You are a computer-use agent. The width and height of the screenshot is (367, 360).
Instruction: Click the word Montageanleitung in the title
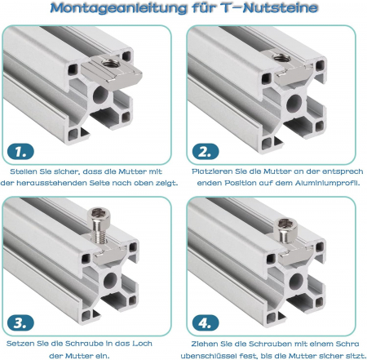pyautogui.click(x=118, y=8)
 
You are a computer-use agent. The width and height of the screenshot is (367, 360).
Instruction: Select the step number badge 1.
pyautogui.click(x=20, y=152)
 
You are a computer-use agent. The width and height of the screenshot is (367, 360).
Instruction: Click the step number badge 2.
pyautogui.click(x=206, y=152)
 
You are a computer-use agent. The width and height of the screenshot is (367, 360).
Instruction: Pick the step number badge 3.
pyautogui.click(x=20, y=323)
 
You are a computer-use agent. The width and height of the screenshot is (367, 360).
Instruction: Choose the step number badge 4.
pyautogui.click(x=206, y=323)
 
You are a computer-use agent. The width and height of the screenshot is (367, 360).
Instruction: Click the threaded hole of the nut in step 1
pyautogui.click(x=111, y=64)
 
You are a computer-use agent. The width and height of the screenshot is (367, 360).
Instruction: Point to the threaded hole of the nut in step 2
pyautogui.click(x=281, y=57)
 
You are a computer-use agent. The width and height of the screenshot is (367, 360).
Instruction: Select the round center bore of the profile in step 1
pyautogui.click(x=100, y=96)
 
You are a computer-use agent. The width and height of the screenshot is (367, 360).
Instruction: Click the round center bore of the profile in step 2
pyautogui.click(x=294, y=104)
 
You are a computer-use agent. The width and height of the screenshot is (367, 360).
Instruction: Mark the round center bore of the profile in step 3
pyautogui.click(x=110, y=280)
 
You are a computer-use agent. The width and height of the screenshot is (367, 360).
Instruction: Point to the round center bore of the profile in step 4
pyautogui.click(x=296, y=282)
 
